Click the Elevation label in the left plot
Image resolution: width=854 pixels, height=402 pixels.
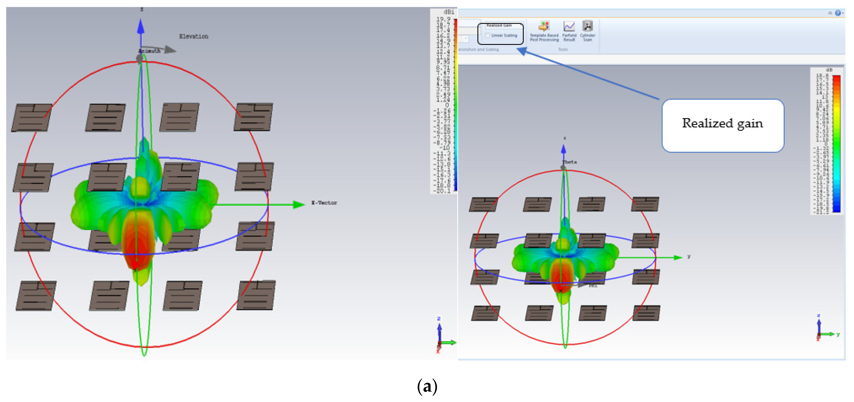(x=194, y=37)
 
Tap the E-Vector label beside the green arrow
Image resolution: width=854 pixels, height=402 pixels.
(x=324, y=203)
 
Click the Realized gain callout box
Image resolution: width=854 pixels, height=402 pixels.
(x=723, y=126)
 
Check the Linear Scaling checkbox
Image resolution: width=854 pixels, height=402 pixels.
(x=488, y=35)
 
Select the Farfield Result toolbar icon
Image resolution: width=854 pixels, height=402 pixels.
(x=569, y=27)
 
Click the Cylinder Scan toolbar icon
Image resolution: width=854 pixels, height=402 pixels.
(x=587, y=27)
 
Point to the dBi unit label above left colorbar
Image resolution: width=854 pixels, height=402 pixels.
(x=449, y=12)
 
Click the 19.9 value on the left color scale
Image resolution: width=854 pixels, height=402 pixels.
(x=443, y=19)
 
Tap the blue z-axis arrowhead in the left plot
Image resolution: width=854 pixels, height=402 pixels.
(x=141, y=27)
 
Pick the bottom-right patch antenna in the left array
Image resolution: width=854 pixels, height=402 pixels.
(x=256, y=295)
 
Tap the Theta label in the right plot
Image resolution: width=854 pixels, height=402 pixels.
(x=569, y=162)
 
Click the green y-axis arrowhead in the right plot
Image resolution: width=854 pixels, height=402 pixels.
(x=677, y=258)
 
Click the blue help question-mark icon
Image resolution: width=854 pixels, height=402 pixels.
(x=838, y=13)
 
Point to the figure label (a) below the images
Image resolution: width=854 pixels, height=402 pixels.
(x=427, y=387)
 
